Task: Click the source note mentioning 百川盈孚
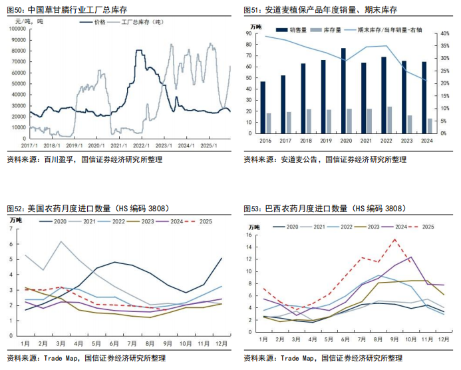click(x=84, y=160)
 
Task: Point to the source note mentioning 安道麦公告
click(x=325, y=160)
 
